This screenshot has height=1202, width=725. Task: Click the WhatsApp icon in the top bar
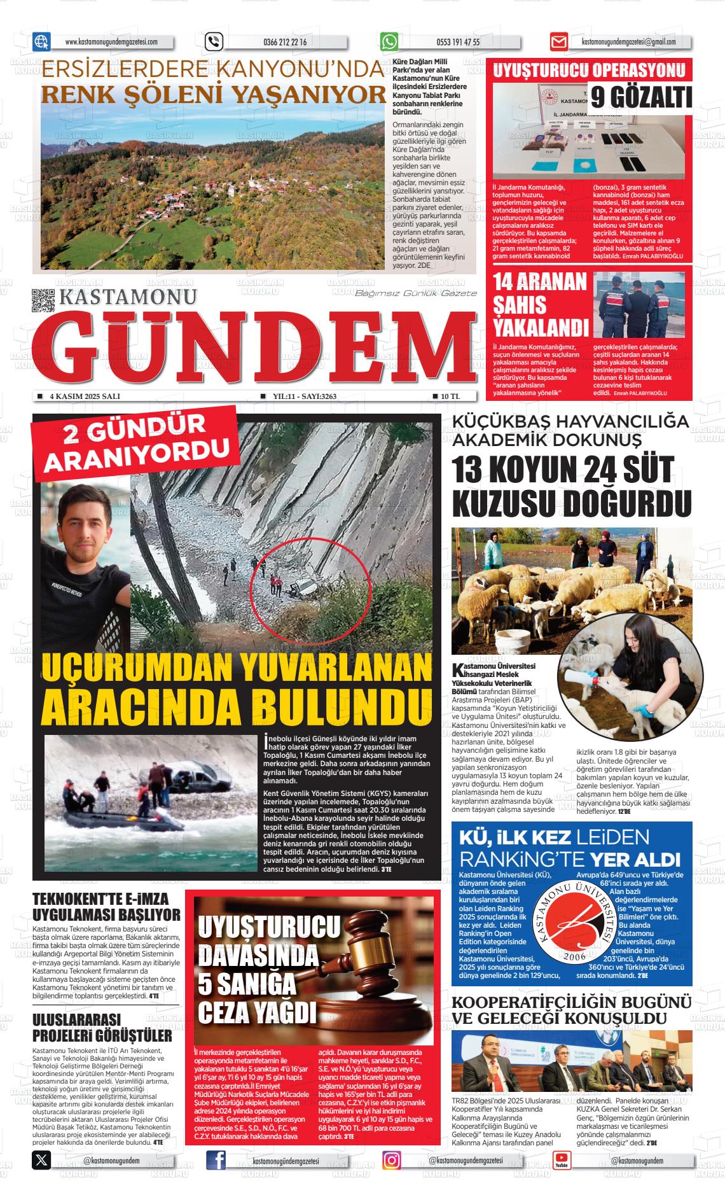pyautogui.click(x=389, y=42)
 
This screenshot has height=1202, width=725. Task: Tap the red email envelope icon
pyautogui.click(x=558, y=42)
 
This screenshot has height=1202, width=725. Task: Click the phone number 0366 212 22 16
pyautogui.click(x=284, y=43)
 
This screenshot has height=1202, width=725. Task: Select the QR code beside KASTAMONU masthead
pyautogui.click(x=43, y=300)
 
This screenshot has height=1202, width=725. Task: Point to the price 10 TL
pyautogui.click(x=450, y=396)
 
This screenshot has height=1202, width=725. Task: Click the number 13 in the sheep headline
pyautogui.click(x=471, y=472)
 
